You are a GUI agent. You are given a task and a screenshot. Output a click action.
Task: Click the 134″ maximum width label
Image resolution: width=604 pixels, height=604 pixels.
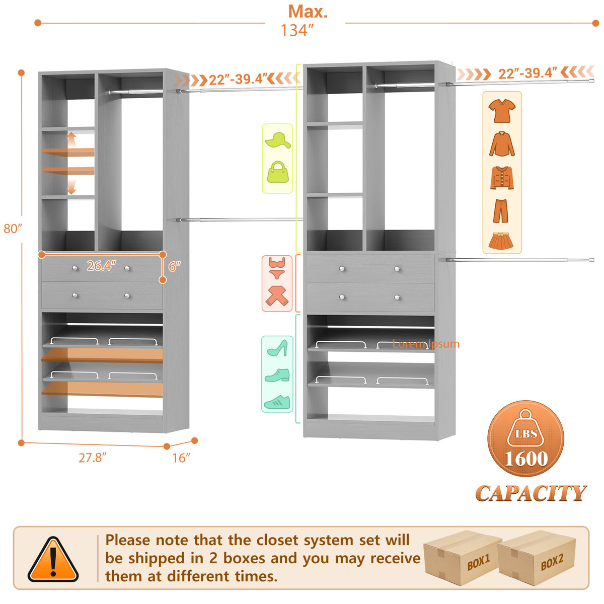point(297,30)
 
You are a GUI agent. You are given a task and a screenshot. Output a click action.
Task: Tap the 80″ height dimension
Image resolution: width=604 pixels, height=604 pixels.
point(13,229)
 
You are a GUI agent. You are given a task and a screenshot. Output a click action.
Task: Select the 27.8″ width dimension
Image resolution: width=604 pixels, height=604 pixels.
point(93,458)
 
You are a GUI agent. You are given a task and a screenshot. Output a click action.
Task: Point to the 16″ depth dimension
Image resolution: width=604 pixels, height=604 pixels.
point(181,458)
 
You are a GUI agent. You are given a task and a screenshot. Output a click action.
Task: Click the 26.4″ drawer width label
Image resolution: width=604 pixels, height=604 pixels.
point(101,266)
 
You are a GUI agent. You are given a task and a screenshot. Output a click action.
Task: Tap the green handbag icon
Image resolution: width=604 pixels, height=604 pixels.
point(278,173)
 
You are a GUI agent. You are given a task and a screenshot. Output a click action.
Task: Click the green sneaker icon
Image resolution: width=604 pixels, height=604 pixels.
point(277,402)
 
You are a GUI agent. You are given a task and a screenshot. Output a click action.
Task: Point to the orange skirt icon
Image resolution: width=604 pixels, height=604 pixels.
point(502,241)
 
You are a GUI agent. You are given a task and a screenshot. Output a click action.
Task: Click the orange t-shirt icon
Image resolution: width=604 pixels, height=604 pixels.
point(502,111)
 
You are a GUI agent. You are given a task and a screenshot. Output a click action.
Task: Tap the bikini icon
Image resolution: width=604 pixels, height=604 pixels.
point(277,268)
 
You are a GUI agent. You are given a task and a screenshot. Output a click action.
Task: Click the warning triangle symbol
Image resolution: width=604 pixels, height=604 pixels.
point(53,559)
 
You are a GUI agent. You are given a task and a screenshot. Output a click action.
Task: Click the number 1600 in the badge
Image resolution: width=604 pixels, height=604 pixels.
point(526,459)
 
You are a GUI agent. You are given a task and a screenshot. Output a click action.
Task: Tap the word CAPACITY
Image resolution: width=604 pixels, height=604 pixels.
point(531,493)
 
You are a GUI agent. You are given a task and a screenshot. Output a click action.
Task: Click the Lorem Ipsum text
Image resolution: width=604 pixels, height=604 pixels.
point(426,344)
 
